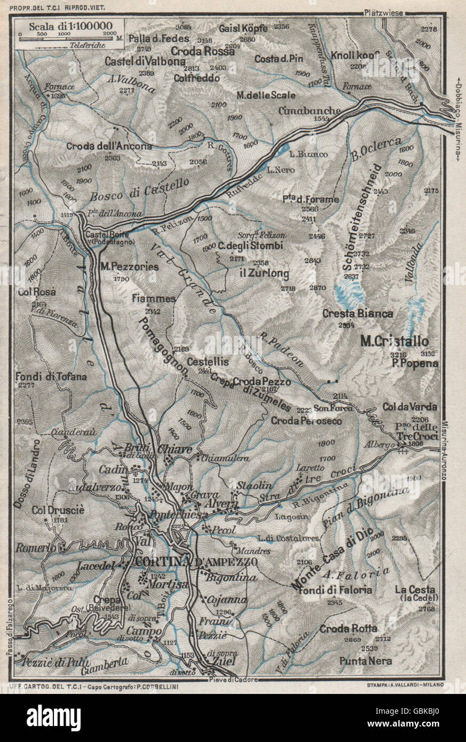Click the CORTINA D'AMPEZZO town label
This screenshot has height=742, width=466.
[x=196, y=563]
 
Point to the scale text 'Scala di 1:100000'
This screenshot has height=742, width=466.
[x=67, y=26]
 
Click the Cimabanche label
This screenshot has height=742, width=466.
[x=310, y=110]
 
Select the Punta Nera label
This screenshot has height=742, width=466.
[x=366, y=661]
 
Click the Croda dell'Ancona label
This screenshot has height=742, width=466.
[x=109, y=146]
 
